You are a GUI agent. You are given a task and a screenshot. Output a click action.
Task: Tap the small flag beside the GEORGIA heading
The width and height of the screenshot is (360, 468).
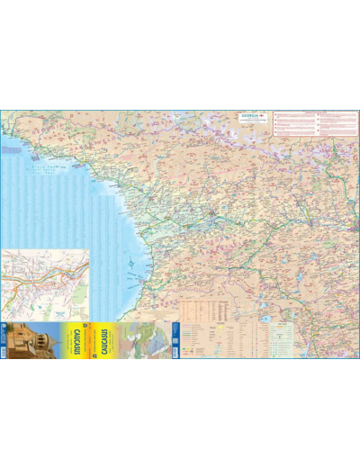[263, 116]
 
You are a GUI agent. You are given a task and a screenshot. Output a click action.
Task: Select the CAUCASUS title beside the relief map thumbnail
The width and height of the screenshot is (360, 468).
[106, 343]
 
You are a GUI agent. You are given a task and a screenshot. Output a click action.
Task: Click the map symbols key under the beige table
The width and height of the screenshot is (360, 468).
[216, 346]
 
